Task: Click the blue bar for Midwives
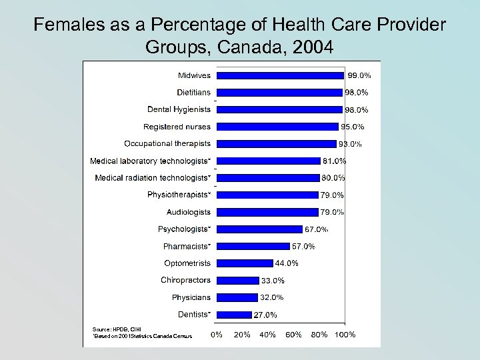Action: point(281,75)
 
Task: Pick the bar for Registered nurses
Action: point(278,127)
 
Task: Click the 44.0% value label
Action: point(287,263)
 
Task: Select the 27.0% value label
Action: point(265,315)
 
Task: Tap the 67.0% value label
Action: point(316,229)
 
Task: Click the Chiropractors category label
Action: point(185,280)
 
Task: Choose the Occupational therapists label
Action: point(167,143)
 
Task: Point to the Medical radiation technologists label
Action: point(153,178)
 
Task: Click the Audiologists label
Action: point(189,212)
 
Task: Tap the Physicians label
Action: point(191,297)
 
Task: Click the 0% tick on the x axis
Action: point(217,334)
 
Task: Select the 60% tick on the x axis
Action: point(293,334)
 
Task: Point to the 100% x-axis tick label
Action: point(345,334)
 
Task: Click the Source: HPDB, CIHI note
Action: point(117,329)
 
